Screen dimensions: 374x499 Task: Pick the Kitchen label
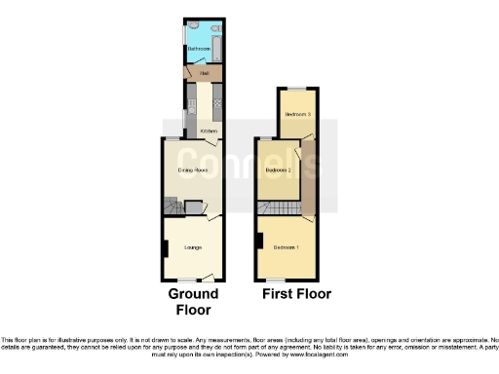[208, 131]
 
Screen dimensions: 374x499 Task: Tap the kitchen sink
[190, 102]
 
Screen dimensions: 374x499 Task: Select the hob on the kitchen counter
[217, 101]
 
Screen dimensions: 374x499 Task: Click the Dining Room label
[193, 170]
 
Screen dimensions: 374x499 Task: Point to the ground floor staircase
[172, 207]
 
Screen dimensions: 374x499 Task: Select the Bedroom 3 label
[296, 115]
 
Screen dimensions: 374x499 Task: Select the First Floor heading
[296, 293]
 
